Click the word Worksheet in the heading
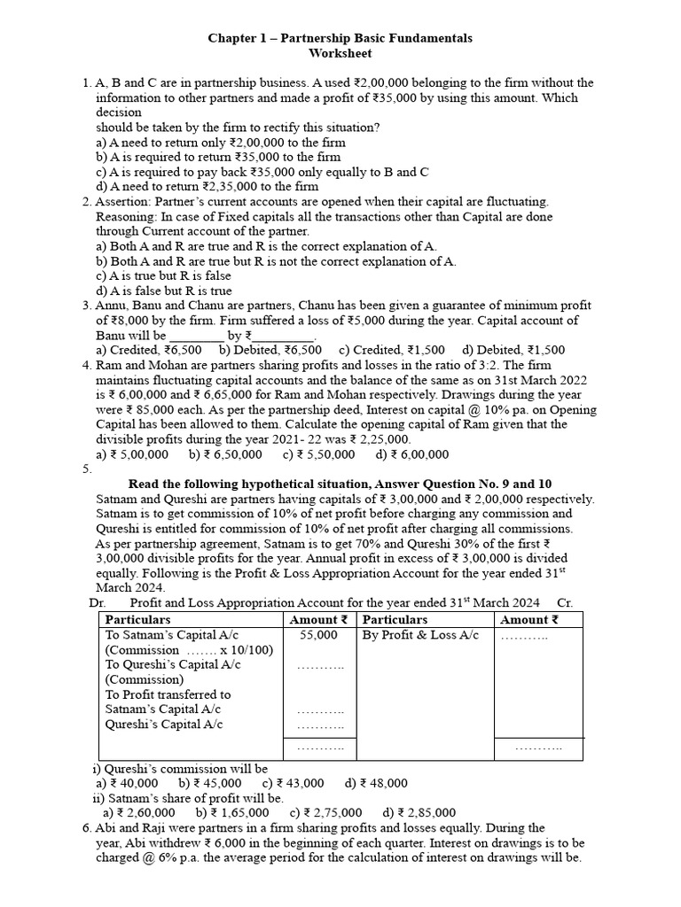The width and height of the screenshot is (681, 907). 340,53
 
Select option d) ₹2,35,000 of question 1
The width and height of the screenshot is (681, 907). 207,186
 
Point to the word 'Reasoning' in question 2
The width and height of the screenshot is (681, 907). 124,216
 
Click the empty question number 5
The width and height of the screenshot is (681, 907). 87,469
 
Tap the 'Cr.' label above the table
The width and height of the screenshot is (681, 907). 565,603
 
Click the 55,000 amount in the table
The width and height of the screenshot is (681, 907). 318,635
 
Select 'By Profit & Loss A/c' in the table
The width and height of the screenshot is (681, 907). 420,635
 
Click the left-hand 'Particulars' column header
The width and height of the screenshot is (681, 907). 137,620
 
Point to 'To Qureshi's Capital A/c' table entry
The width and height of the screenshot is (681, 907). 173,664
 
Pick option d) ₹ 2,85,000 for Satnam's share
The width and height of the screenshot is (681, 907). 419,812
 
